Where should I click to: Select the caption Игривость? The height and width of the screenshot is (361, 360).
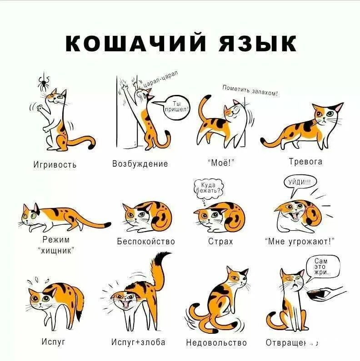click(x=55, y=164)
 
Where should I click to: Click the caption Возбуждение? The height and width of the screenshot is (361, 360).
click(x=140, y=163)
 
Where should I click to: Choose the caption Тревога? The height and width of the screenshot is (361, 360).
click(x=305, y=162)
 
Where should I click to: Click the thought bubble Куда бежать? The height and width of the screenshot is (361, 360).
click(x=208, y=188)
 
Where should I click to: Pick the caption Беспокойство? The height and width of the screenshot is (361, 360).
click(x=146, y=241)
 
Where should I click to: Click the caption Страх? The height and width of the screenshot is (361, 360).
click(x=220, y=241)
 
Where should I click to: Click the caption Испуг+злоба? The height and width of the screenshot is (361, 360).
click(x=138, y=342)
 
